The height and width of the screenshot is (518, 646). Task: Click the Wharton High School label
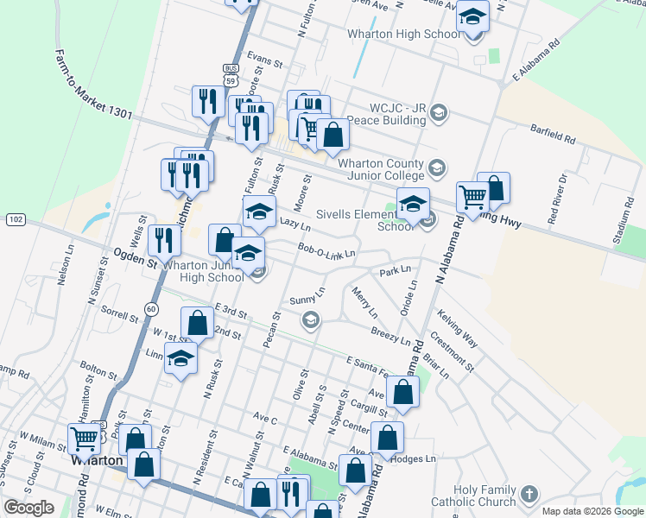point(403,35)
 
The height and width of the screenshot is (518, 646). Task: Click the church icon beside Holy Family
point(529,495)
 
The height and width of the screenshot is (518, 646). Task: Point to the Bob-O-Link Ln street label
point(326,251)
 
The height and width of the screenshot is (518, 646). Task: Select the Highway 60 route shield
point(152,308)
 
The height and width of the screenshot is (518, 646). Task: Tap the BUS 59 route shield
point(230,74)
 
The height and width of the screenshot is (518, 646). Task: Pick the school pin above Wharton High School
point(472,16)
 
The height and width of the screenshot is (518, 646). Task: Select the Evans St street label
point(264,62)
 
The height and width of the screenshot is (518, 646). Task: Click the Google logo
point(28,508)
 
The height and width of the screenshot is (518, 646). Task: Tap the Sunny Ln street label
point(307,300)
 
